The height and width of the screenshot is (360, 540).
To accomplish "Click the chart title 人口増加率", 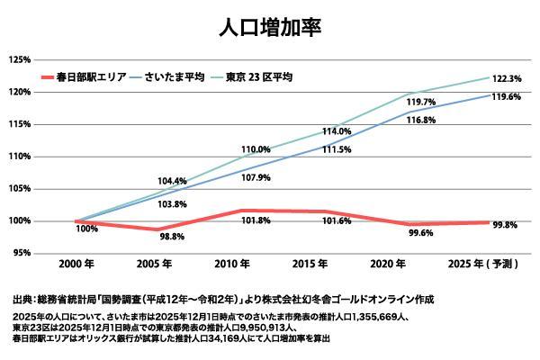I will (270, 26).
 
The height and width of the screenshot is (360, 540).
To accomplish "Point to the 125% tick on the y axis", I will (20, 59).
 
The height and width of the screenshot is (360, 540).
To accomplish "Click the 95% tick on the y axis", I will (22, 253).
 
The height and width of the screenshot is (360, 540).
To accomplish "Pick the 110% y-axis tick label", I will (20, 157).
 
